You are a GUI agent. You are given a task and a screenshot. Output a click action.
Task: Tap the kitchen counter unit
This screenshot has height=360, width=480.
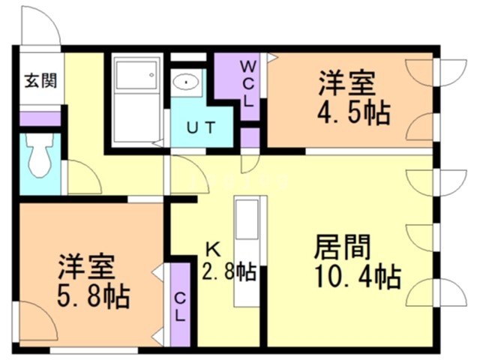pos(245,251)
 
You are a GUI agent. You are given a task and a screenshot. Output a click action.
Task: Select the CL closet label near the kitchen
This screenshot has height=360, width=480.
pos(180,305)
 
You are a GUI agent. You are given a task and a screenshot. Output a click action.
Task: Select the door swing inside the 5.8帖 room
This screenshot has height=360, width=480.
pos(35,319)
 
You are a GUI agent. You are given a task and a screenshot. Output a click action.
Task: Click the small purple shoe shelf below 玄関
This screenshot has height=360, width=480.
pos(39,118)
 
